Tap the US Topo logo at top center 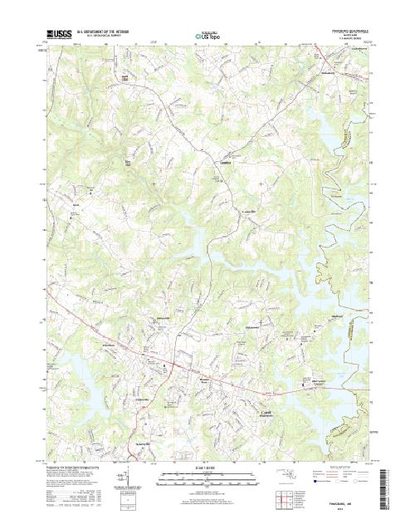(x=207, y=37)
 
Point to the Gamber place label (x=223, y=162)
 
